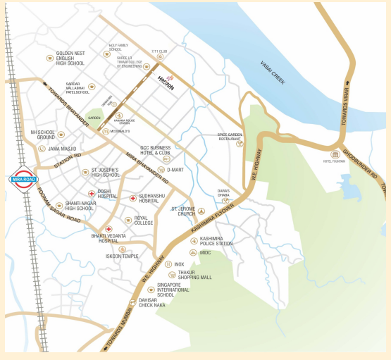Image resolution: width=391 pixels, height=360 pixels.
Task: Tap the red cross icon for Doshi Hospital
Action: coord(92,193)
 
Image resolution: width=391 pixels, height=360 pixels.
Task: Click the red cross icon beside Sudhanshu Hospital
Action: coord(132,199)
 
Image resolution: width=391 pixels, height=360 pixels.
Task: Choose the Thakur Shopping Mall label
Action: coord(194,275)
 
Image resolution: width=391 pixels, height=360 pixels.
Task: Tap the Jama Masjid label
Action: coord(62,149)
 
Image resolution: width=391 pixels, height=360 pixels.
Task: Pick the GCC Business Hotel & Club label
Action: coord(155,149)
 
